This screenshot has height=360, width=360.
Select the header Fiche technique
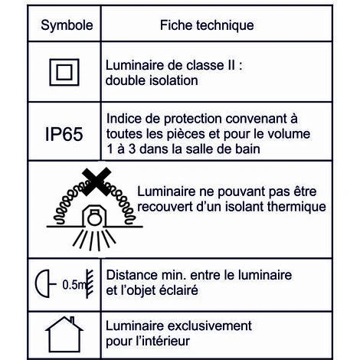point(207,25)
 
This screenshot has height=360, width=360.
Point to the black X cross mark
point(92,183)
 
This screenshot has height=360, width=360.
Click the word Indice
point(123,119)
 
